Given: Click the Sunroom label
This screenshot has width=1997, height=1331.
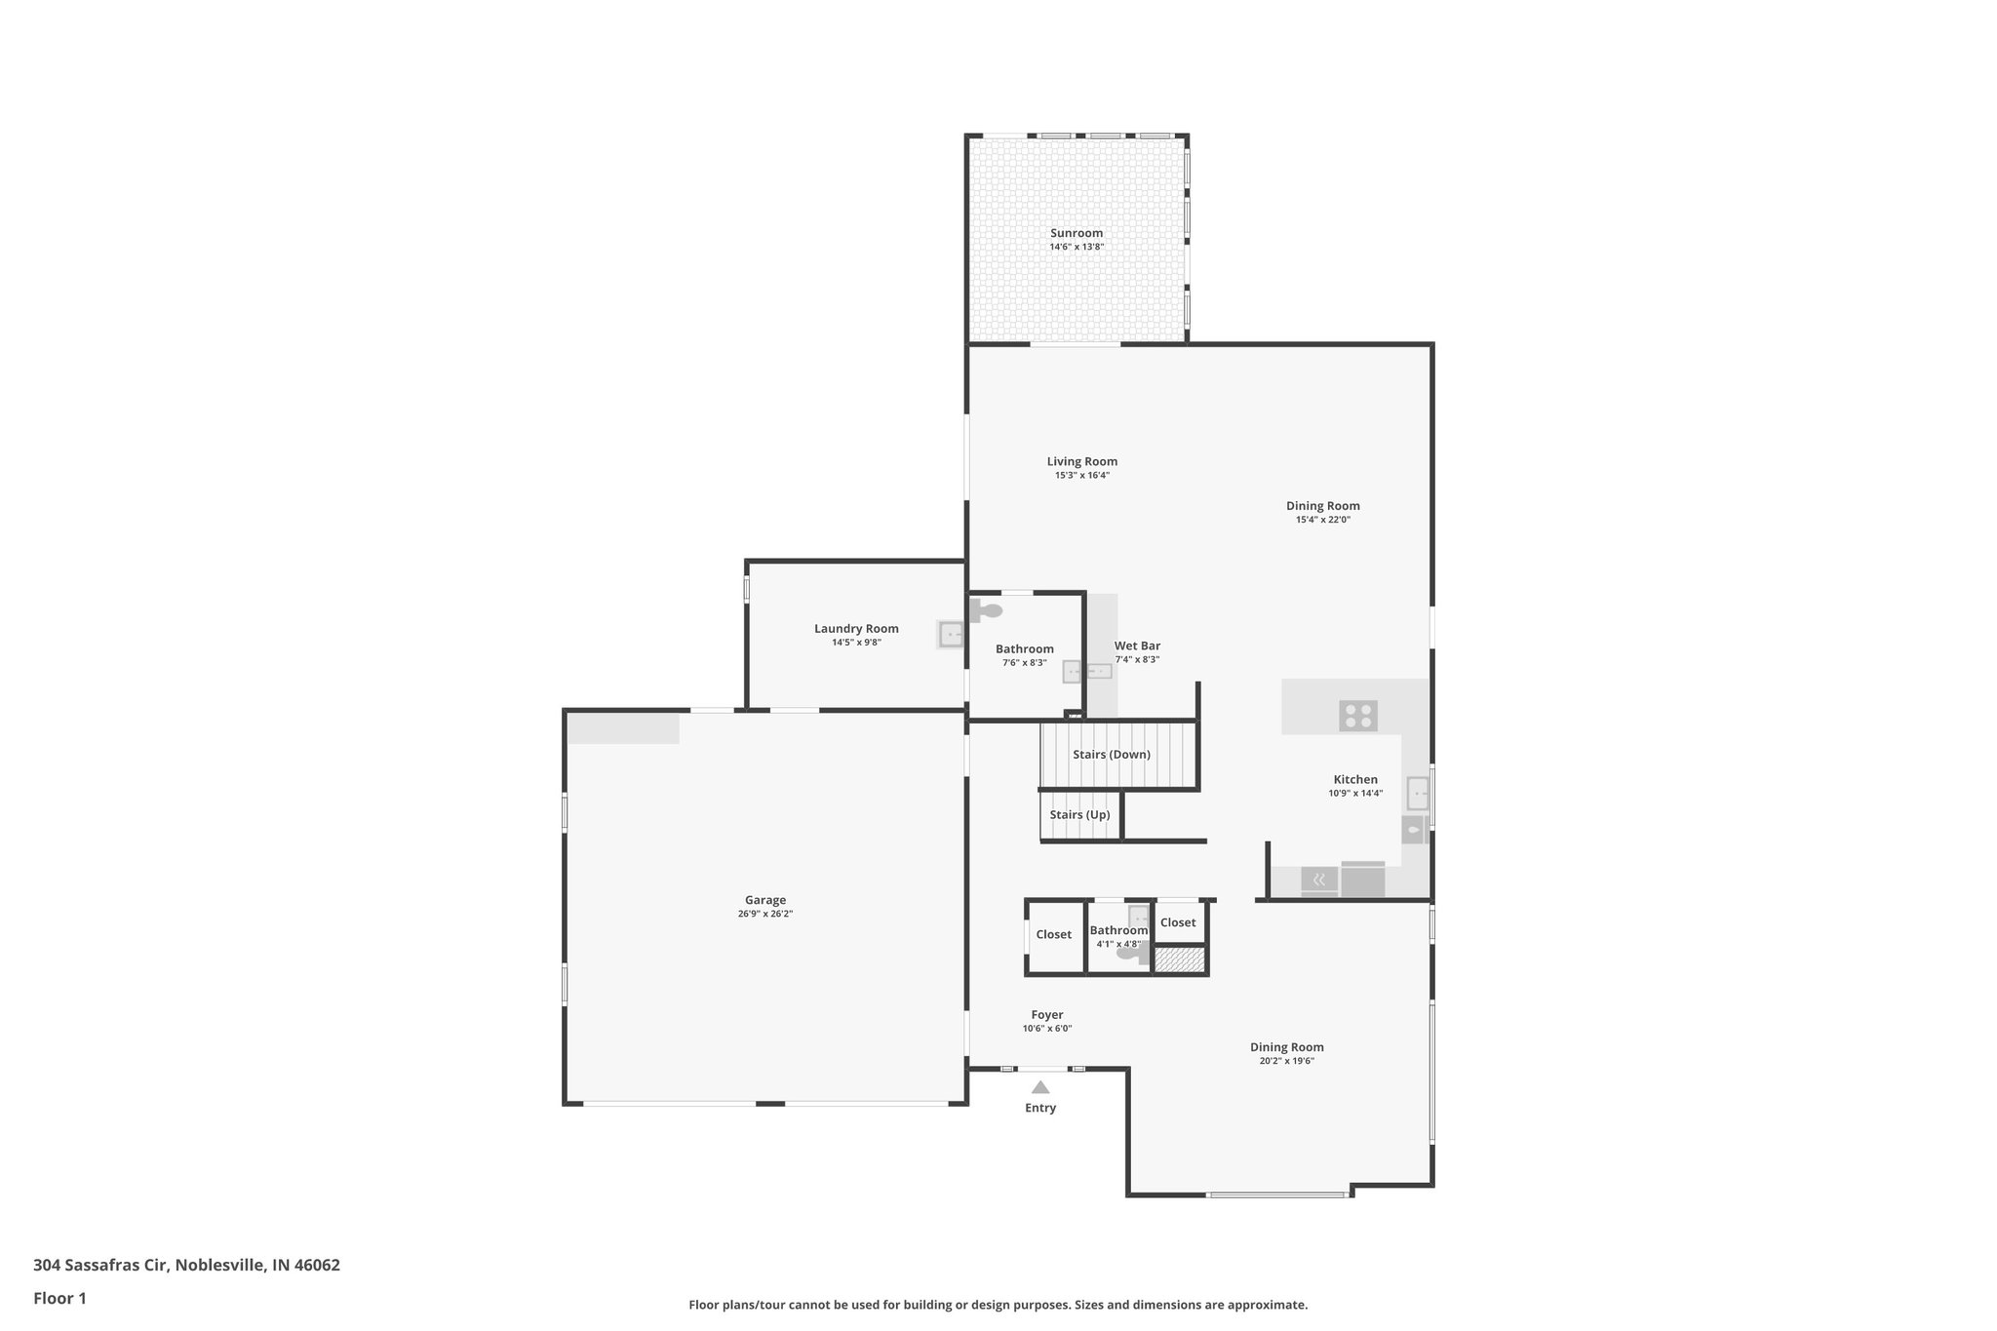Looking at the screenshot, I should point(1076,233).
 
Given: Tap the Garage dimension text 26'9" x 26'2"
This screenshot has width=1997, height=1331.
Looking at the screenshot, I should point(764,914).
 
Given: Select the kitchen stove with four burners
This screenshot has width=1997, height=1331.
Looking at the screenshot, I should point(1357,716).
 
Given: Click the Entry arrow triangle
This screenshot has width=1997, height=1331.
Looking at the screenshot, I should point(1040,1086).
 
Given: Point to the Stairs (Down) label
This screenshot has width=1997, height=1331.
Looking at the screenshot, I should point(1111,754).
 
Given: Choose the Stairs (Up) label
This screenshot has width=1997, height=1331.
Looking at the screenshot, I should point(1079,814).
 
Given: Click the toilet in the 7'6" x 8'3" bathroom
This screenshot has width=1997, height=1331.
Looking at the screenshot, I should point(987,611).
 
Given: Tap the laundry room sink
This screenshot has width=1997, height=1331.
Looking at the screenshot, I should point(951,635).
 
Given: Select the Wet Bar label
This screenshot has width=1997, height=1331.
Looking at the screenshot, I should point(1137,646).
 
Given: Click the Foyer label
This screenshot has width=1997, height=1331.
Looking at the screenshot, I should point(1046,1014).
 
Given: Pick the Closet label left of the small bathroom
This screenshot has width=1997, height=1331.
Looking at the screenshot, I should point(1053,934).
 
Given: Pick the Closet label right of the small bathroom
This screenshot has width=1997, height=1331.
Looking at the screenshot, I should point(1177,922).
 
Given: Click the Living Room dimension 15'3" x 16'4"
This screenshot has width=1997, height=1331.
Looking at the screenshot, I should point(1081,476).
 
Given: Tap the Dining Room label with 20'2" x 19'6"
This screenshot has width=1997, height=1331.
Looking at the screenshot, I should point(1286,1046).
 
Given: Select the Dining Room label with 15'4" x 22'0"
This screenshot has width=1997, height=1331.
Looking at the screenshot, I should point(1322,505).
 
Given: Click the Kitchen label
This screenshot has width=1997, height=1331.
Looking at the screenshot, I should point(1354,779).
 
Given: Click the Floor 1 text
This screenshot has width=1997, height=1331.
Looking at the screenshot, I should point(59,1298).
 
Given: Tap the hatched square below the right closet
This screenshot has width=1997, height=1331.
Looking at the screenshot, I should point(1179,959).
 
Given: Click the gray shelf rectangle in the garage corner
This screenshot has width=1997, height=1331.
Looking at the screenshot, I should point(623,728).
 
